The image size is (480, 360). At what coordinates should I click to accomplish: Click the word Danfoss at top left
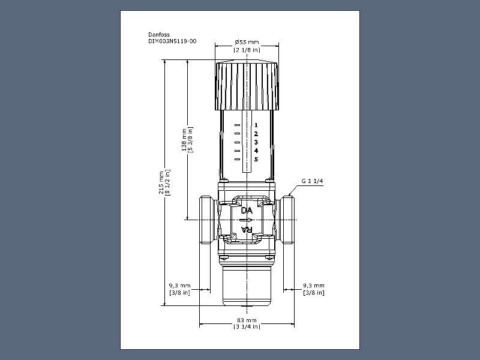click(x=159, y=35)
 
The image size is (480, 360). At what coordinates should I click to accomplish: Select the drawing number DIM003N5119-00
click(x=172, y=41)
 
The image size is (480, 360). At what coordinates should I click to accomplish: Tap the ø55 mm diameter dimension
click(x=247, y=42)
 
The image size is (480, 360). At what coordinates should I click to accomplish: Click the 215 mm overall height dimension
click(x=161, y=183)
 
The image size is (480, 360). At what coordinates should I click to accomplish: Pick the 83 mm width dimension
click(x=247, y=320)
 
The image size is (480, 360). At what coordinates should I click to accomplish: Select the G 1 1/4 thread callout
click(x=312, y=181)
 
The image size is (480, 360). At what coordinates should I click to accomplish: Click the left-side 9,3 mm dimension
click(x=179, y=286)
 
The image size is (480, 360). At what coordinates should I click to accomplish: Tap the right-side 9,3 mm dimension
click(x=314, y=286)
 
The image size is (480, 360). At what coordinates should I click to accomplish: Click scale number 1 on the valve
click(x=256, y=125)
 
